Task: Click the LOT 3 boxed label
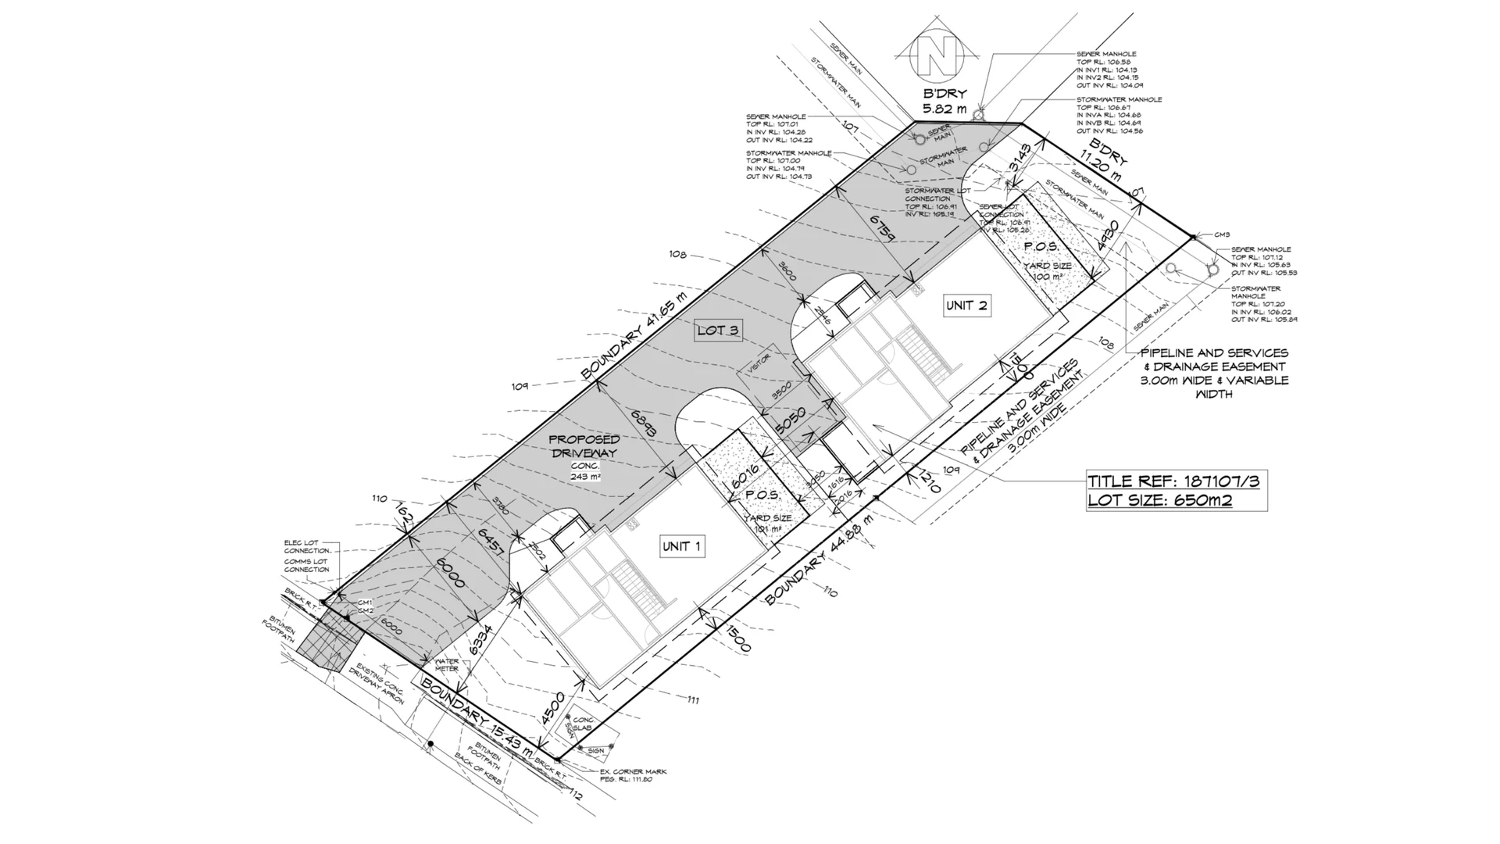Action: (718, 331)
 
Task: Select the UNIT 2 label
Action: (967, 306)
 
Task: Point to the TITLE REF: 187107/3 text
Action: (1175, 481)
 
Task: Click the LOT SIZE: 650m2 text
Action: (1160, 500)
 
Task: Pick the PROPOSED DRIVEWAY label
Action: (585, 447)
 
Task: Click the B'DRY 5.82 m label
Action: (945, 102)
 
